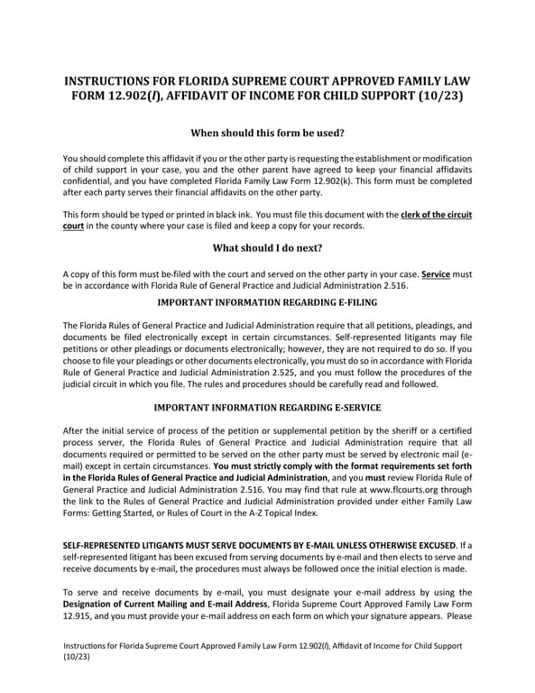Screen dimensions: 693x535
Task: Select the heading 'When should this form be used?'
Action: (267, 133)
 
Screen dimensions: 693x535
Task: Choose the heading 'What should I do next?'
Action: (267, 247)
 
